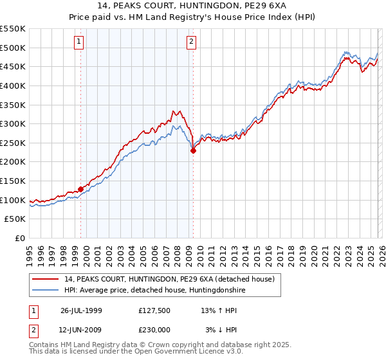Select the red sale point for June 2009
tap(193, 150)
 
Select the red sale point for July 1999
tap(81, 189)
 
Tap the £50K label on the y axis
tap(15, 219)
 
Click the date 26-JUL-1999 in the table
tap(81, 310)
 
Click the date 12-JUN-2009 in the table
tap(81, 330)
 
